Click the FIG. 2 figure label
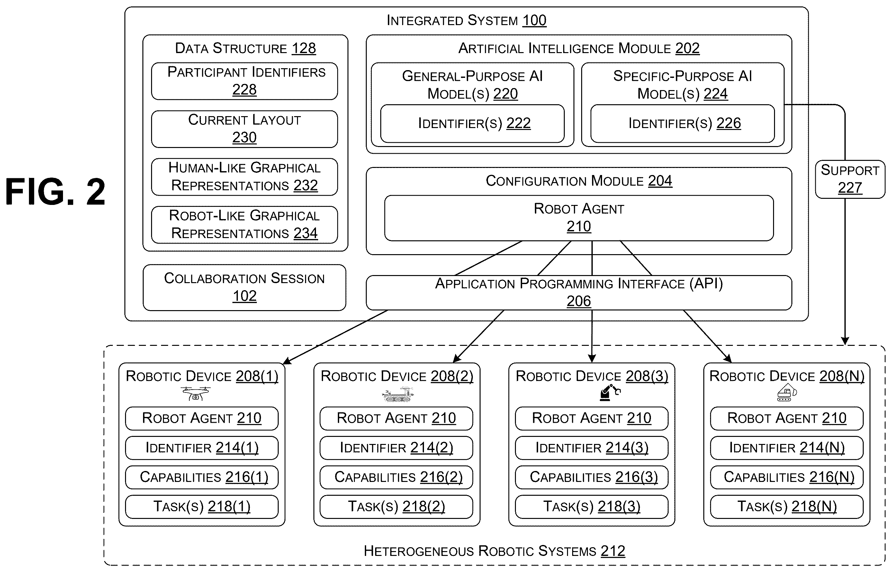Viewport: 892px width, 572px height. tap(55, 192)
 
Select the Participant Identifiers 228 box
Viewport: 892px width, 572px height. tap(245, 81)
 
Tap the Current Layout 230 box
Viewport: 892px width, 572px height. tap(245, 129)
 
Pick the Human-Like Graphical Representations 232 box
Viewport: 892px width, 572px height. tap(245, 177)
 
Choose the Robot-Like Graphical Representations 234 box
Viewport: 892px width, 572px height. tap(245, 225)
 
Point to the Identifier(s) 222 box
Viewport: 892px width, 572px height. tap(472, 124)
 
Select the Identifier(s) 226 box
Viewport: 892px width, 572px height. tap(683, 124)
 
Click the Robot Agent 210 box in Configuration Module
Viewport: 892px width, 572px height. tap(579, 218)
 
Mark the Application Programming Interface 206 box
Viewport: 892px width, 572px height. tap(579, 293)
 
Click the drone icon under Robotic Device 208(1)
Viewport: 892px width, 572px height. tap(195, 393)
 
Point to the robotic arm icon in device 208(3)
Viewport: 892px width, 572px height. tap(610, 392)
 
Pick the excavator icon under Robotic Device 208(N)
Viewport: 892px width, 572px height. tap(787, 392)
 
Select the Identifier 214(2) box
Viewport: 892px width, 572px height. tap(396, 447)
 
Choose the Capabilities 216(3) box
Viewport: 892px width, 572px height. tap(592, 477)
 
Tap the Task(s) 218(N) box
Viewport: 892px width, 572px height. tap(787, 507)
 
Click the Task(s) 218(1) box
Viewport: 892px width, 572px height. tap(202, 507)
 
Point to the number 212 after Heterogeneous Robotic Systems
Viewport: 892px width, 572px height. tap(613, 551)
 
